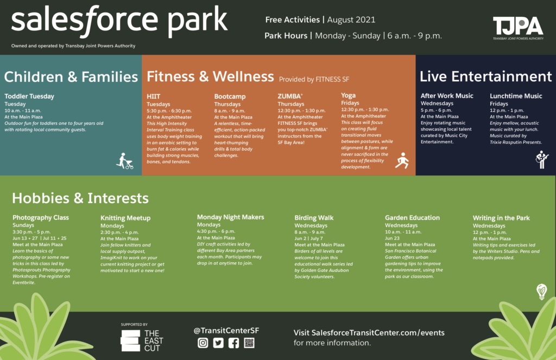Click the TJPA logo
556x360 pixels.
[x=518, y=28]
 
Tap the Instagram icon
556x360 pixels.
[x=203, y=343]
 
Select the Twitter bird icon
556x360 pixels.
[x=218, y=343]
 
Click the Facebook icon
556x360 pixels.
[x=233, y=343]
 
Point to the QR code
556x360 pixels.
[x=249, y=343]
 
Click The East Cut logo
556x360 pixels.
[x=142, y=340]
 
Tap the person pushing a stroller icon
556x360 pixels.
[x=125, y=161]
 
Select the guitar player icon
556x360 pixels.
[x=542, y=159]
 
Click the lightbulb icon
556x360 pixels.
[x=541, y=292]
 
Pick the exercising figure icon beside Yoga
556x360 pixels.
[x=402, y=161]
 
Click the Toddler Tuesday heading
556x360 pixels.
[x=29, y=96]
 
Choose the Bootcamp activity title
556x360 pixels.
[x=230, y=97]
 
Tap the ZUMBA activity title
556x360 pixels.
[x=290, y=96]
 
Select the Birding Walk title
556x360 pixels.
[x=314, y=218]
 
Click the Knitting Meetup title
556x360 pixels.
[x=125, y=218]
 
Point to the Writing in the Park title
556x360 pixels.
[x=501, y=218]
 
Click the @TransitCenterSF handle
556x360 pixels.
[x=226, y=331]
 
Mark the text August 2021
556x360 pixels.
[x=351, y=20]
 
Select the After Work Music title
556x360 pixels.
[x=447, y=96]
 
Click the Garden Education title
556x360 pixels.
[x=413, y=218]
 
